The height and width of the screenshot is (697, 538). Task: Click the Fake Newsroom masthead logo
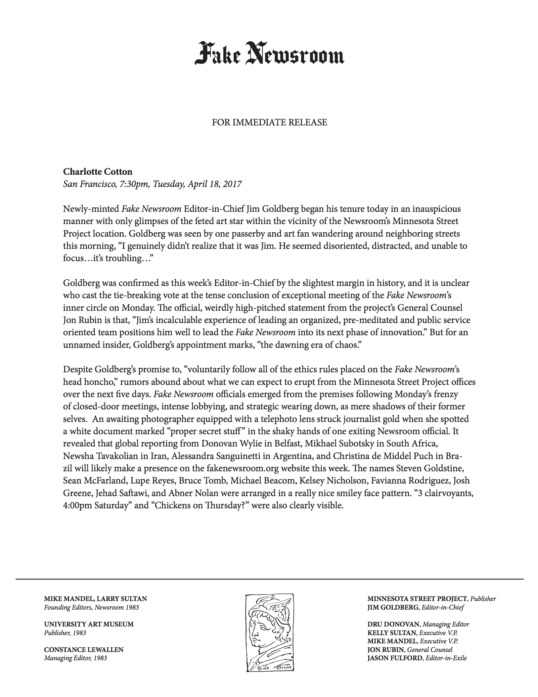point(269,54)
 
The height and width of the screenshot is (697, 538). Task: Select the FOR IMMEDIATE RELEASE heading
point(269,122)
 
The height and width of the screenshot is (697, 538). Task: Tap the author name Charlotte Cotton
point(98,172)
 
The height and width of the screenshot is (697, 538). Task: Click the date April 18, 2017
point(215,184)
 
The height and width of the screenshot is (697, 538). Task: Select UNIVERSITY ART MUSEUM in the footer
point(89,624)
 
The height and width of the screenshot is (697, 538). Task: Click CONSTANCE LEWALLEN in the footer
point(83,650)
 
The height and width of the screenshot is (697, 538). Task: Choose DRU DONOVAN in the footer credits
point(393,624)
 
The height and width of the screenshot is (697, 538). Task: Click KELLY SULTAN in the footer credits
point(392,633)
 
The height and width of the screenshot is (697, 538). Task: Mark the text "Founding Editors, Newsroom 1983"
point(91,607)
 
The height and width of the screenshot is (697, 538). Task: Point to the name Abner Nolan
point(193,493)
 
